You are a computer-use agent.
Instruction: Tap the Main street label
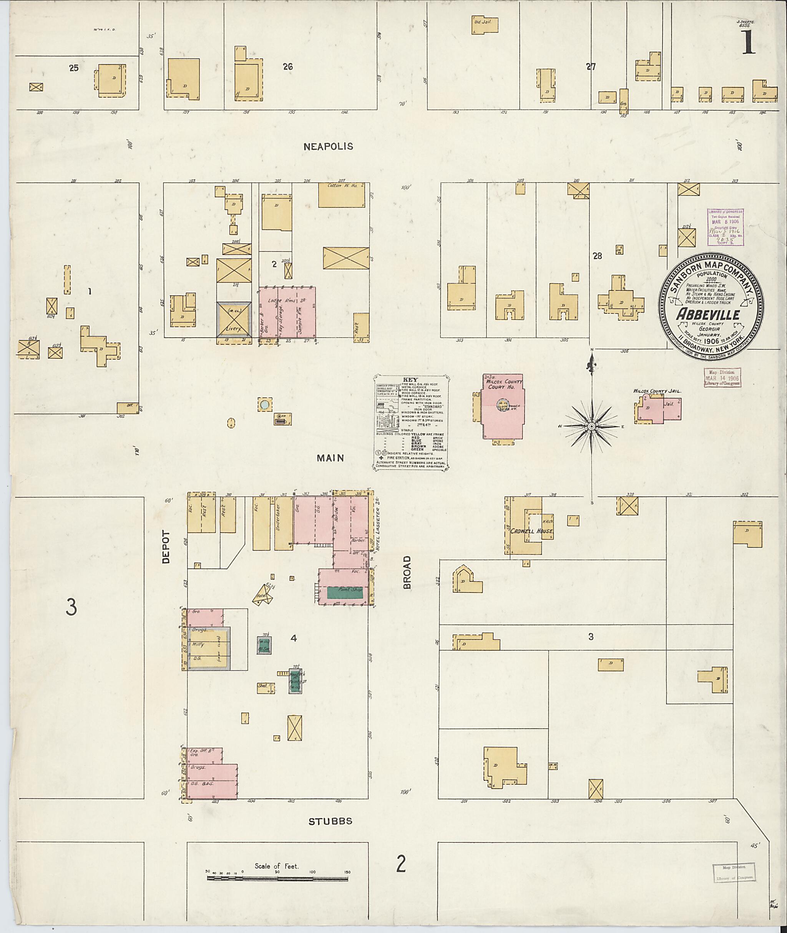(x=330, y=457)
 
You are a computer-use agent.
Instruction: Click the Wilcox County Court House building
(x=503, y=407)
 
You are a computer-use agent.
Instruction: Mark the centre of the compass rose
(x=591, y=426)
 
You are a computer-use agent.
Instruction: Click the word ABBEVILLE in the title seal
(x=708, y=315)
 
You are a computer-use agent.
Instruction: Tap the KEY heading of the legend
(x=411, y=379)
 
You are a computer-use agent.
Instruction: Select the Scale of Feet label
(x=277, y=866)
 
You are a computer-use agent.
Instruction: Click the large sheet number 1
(x=749, y=45)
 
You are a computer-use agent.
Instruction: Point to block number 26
(x=288, y=67)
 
